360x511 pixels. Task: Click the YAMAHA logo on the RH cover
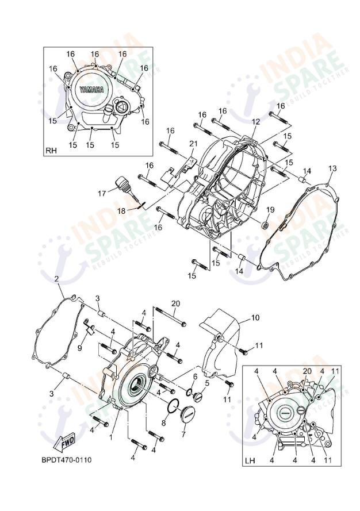click(92, 90)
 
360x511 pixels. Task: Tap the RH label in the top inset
click(51, 151)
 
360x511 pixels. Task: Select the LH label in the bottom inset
click(250, 460)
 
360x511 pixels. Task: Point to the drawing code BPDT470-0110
click(66, 460)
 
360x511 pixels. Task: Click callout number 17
click(101, 194)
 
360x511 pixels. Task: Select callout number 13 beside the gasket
click(332, 168)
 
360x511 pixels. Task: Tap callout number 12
click(255, 122)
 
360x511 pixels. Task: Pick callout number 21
click(193, 143)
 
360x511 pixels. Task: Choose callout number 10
click(255, 317)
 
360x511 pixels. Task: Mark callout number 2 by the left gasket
click(57, 279)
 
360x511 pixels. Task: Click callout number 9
click(80, 348)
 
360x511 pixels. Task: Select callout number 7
click(183, 435)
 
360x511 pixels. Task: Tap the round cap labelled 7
click(188, 413)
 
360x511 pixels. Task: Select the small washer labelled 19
click(266, 224)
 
